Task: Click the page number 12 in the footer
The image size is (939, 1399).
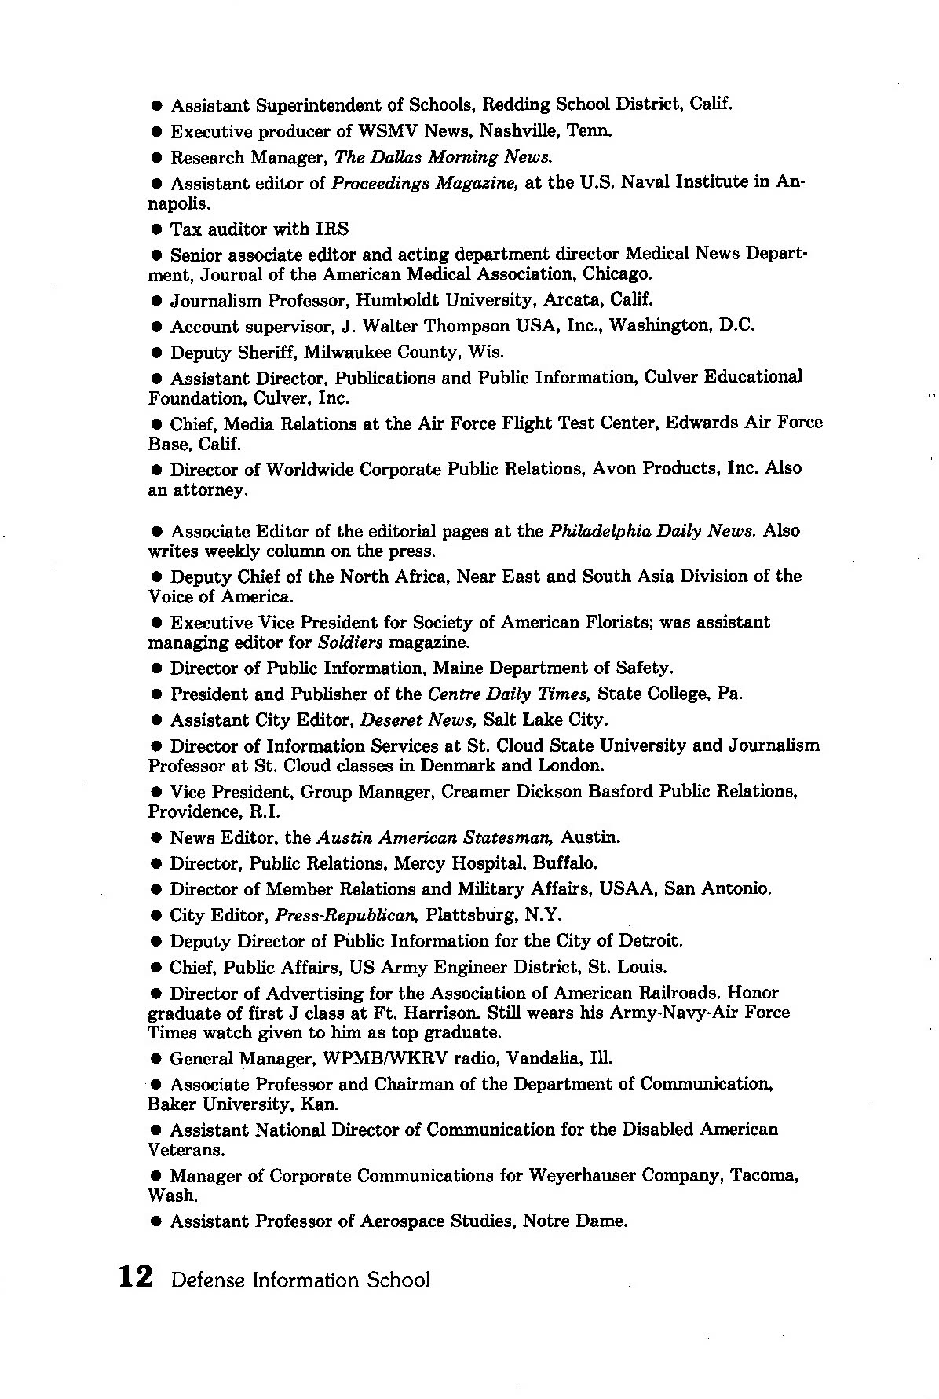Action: [x=134, y=1278]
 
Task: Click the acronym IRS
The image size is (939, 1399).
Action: [x=333, y=229]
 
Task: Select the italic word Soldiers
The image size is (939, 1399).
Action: [x=351, y=643]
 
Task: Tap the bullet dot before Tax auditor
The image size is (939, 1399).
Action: [x=156, y=230]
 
